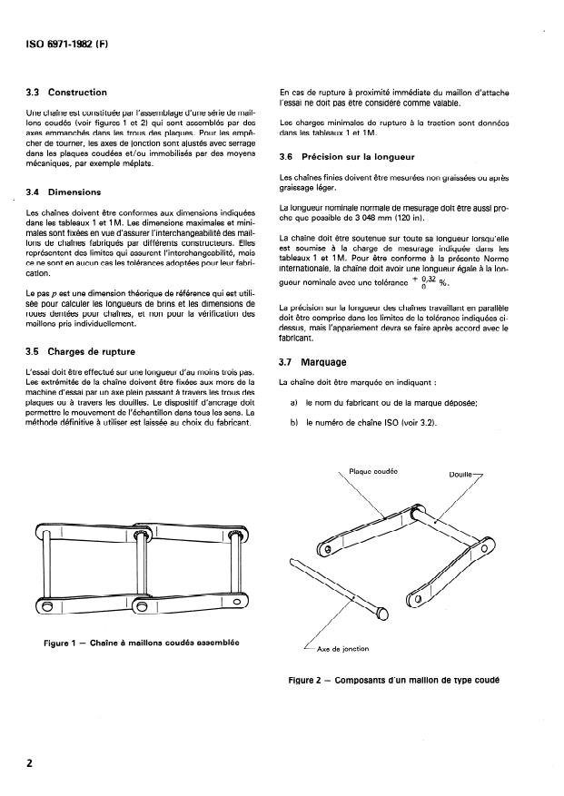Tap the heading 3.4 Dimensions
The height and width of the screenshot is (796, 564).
[64, 192]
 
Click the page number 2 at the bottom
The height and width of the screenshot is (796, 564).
[30, 762]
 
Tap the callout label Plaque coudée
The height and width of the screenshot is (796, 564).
[374, 471]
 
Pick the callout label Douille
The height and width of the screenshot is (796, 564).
[463, 474]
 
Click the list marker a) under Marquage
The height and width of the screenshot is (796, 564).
[294, 403]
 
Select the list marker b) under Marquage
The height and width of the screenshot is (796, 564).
[294, 422]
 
